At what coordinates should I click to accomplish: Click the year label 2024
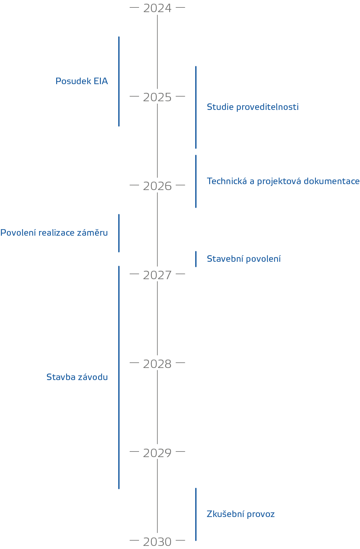click(157, 8)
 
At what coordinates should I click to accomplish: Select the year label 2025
click(157, 97)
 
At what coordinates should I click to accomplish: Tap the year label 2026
click(157, 186)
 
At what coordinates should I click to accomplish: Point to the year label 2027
click(157, 275)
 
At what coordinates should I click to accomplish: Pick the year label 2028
click(157, 364)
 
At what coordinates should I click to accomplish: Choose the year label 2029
click(157, 453)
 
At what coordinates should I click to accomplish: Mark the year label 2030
click(157, 542)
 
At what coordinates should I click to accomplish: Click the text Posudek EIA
click(82, 81)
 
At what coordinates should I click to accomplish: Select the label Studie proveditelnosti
click(253, 107)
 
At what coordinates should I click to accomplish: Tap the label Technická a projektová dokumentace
click(283, 181)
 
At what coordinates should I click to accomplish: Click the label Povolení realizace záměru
click(54, 233)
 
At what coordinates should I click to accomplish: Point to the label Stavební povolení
click(244, 259)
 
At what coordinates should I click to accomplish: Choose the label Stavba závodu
click(77, 377)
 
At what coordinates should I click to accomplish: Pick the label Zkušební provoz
click(241, 514)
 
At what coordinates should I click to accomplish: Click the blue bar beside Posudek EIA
click(119, 81)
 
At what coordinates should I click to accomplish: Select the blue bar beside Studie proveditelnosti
click(196, 107)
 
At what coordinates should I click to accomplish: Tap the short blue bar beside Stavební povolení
click(196, 259)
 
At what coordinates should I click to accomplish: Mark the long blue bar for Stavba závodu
click(119, 377)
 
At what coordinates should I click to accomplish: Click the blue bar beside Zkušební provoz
click(196, 514)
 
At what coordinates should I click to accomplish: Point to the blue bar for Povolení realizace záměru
click(119, 233)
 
